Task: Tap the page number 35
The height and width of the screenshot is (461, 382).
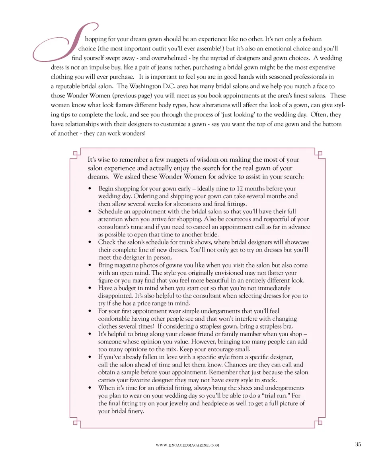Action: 358,445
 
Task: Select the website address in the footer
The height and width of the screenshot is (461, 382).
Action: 187,446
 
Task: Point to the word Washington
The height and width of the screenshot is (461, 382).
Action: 136,86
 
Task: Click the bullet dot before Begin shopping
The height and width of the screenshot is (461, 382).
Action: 91,189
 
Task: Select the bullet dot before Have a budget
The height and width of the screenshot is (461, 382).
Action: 91,288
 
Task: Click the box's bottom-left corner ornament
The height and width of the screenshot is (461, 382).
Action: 75,422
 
